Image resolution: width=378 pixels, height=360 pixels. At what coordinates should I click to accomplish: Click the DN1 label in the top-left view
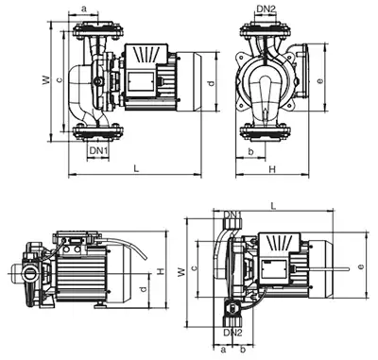pos(98,150)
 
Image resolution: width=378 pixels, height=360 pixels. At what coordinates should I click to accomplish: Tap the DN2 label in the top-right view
pos(266,9)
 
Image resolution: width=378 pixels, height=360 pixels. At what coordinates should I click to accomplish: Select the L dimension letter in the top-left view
pos(136,168)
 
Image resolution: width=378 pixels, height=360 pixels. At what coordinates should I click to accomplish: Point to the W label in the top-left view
pos(46,79)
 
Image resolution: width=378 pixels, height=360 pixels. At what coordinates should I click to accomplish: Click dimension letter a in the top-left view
pos(84,9)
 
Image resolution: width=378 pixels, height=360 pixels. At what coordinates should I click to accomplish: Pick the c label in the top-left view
pos(60,79)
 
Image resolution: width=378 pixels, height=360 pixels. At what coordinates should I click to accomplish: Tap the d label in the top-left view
pos(212,83)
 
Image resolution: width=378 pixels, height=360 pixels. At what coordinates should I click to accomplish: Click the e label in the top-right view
pos(320,81)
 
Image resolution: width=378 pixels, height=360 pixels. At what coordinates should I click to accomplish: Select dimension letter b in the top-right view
pos(250,152)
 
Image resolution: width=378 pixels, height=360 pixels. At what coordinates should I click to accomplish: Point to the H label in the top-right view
pos(272,169)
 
